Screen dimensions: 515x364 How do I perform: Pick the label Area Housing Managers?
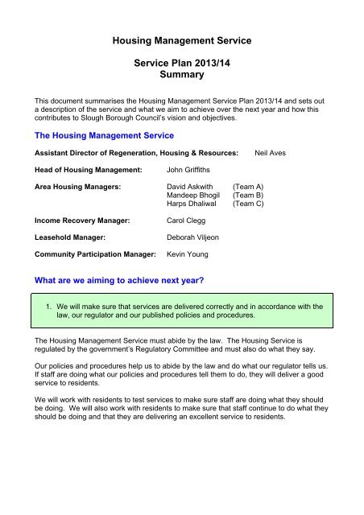click(77, 186)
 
